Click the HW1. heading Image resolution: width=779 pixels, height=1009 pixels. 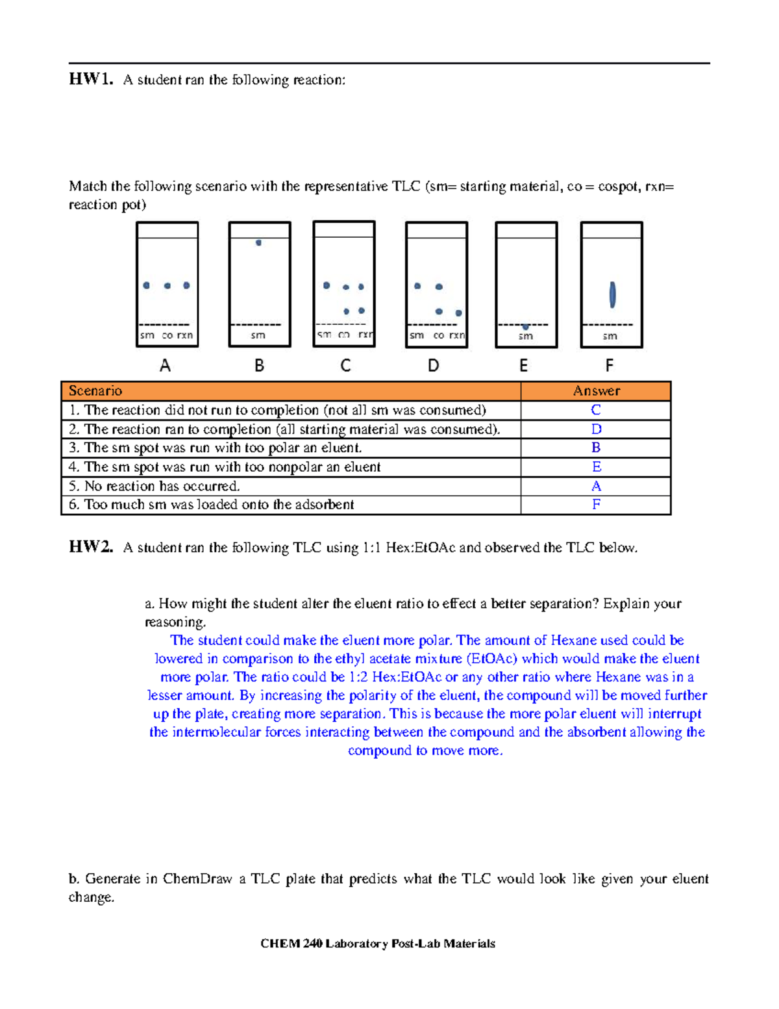click(x=91, y=79)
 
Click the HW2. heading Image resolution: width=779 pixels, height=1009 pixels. click(x=91, y=547)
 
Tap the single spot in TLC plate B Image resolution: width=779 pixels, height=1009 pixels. click(x=258, y=243)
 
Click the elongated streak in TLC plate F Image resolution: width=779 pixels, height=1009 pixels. click(x=612, y=294)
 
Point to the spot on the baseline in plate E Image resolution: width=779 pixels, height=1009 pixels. click(x=525, y=326)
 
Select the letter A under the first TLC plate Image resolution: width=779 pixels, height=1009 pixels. click(x=166, y=366)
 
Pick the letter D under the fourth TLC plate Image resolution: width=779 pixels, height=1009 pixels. click(x=434, y=366)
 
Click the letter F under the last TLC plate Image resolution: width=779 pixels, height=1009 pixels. click(x=609, y=366)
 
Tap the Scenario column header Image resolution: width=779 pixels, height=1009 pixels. click(x=95, y=390)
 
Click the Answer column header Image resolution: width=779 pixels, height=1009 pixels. click(x=596, y=390)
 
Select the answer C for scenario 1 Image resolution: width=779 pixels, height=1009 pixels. click(x=596, y=410)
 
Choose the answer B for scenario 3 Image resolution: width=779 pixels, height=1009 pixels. click(x=596, y=448)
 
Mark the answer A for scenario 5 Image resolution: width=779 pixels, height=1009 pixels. click(x=596, y=486)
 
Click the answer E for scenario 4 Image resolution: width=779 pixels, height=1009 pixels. click(x=596, y=467)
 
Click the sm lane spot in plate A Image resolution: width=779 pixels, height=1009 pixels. click(x=147, y=285)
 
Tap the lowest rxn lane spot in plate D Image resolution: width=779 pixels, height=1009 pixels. click(x=458, y=313)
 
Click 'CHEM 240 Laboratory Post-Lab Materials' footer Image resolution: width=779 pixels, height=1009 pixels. click(x=378, y=943)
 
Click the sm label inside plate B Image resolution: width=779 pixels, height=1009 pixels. click(x=258, y=335)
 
